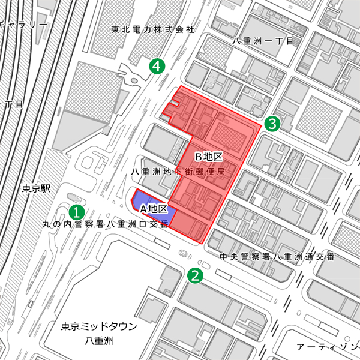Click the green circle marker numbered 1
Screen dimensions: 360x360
point(77,211)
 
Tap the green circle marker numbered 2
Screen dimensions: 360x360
point(195,275)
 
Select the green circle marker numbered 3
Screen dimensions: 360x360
point(272,124)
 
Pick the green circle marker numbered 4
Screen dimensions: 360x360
point(157,66)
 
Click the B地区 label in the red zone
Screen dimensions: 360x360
point(209,157)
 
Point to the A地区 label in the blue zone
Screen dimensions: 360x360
point(153,209)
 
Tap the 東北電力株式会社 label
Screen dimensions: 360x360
point(153,29)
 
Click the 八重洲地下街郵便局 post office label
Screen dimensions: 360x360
point(178,172)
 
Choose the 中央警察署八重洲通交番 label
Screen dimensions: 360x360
point(277,257)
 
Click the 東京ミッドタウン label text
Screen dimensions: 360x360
point(99,327)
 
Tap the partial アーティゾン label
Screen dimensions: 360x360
point(328,347)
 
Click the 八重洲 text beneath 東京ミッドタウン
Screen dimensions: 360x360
point(99,341)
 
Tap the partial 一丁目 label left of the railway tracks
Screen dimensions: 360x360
point(12,104)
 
